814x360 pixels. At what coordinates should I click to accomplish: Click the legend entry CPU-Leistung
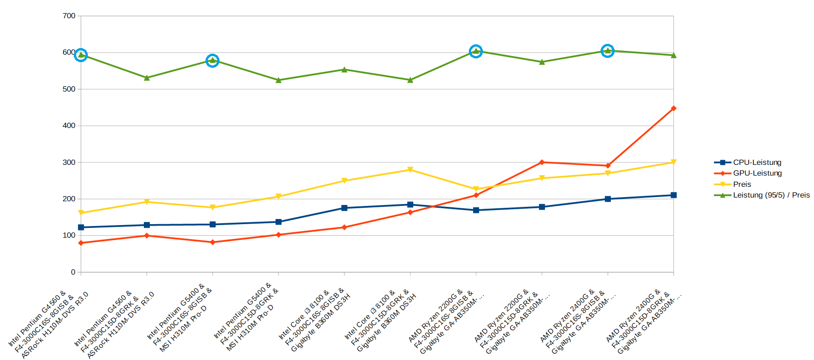click(757, 162)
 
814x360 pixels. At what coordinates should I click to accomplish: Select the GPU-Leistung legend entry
click(757, 173)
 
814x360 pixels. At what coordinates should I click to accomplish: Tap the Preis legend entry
click(742, 184)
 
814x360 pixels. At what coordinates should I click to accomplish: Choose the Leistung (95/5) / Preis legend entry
click(771, 195)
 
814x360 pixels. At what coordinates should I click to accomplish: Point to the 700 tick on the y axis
click(69, 16)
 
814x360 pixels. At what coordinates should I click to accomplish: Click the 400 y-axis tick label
click(69, 126)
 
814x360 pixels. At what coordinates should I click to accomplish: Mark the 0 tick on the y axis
click(73, 272)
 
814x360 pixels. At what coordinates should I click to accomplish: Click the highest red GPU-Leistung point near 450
click(673, 108)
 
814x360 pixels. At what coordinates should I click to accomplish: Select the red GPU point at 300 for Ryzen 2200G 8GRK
click(542, 162)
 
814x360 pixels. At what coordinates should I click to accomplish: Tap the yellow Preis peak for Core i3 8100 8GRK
click(410, 169)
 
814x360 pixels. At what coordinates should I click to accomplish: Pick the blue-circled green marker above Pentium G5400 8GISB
click(212, 61)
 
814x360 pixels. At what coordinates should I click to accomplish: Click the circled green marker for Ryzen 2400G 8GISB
click(608, 51)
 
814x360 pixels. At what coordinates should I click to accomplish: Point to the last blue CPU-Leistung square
click(673, 195)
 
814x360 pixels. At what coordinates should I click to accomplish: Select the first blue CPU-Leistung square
click(81, 227)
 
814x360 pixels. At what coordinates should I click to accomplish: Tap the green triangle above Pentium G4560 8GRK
click(147, 78)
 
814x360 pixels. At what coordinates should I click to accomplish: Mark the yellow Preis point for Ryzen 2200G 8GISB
click(476, 189)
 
